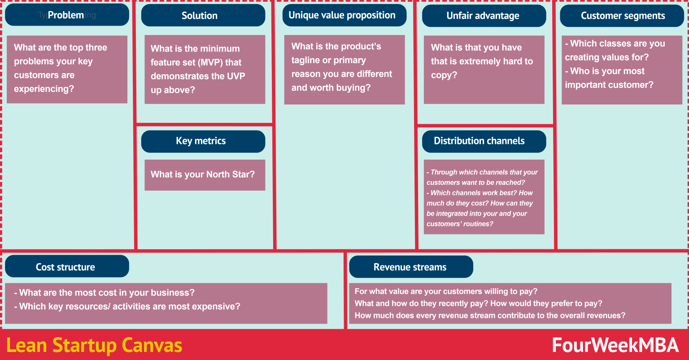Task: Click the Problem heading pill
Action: [66, 15]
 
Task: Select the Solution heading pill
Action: [203, 16]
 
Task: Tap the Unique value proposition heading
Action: [344, 15]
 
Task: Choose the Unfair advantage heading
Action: [484, 16]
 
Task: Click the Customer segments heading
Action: [622, 16]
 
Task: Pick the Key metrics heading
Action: [203, 141]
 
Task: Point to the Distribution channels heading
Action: [484, 141]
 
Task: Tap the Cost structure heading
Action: [66, 267]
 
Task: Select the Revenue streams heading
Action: [410, 267]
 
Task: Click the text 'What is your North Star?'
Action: [202, 174]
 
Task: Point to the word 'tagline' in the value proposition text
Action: [305, 60]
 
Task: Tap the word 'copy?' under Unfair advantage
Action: [444, 75]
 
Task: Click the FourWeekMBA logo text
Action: [615, 345]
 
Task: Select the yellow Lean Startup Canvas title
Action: [94, 346]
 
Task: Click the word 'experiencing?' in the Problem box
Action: [44, 89]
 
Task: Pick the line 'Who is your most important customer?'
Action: [609, 78]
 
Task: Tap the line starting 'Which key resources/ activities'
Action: [127, 307]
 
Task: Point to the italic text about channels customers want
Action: [482, 177]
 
